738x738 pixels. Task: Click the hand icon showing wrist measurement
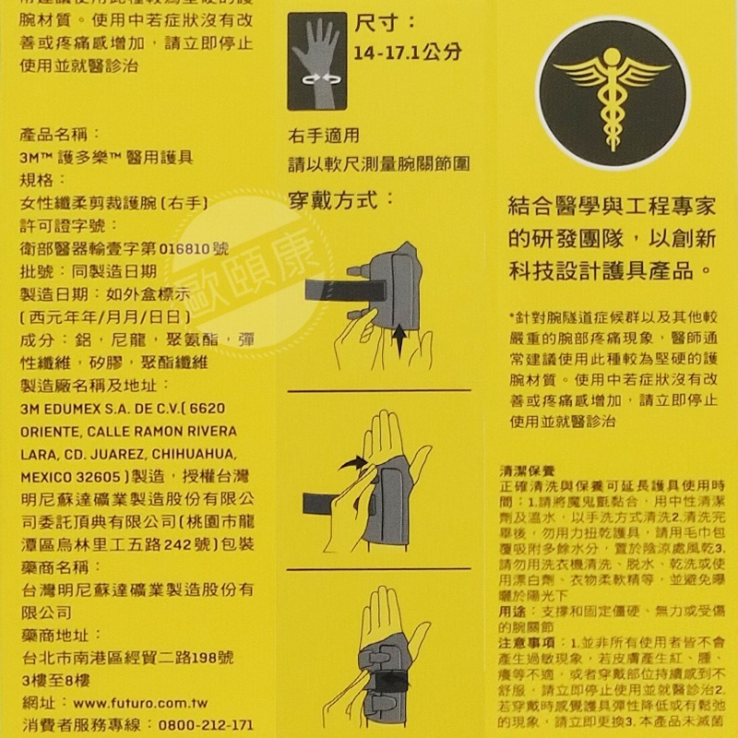pos(318,61)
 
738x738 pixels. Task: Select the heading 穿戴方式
pos(340,198)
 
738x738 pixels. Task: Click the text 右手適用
pos(323,136)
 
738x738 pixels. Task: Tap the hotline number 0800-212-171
pos(207,725)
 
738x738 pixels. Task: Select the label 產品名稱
pos(56,136)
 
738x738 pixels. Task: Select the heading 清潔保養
pos(527,470)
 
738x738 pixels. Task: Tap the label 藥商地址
pos(56,635)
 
